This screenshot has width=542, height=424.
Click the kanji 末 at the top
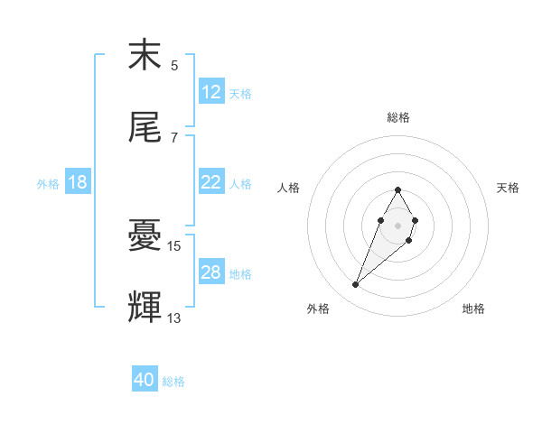(145, 56)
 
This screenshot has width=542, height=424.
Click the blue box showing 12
(211, 92)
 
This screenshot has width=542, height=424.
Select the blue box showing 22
(211, 182)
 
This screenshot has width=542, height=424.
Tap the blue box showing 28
(211, 272)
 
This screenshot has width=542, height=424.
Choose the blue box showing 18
(78, 182)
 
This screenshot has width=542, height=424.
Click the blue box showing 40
(145, 380)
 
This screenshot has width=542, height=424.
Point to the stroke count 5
(174, 66)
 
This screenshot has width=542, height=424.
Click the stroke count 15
(174, 245)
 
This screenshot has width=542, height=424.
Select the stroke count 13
(174, 318)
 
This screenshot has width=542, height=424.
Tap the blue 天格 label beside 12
(240, 93)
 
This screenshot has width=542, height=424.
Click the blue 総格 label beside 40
(173, 382)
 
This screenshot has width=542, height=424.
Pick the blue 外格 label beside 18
(48, 183)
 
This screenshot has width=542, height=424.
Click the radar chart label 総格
(398, 117)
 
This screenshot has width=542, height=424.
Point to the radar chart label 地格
(473, 309)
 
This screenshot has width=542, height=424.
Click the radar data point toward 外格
(356, 285)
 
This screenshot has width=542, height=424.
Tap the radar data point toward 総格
(397, 189)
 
